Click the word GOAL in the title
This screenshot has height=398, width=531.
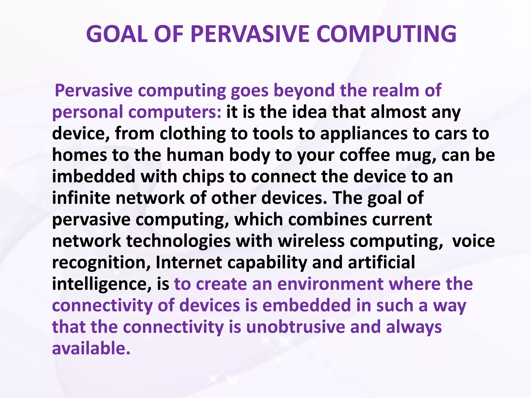click(117, 34)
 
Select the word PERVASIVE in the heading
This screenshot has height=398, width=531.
click(250, 34)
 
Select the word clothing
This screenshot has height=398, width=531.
click(193, 134)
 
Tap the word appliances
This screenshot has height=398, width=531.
click(364, 134)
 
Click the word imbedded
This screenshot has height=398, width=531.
click(94, 177)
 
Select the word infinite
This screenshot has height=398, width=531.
click(81, 198)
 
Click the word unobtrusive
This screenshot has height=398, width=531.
click(296, 327)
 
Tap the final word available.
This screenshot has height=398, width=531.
click(91, 349)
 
